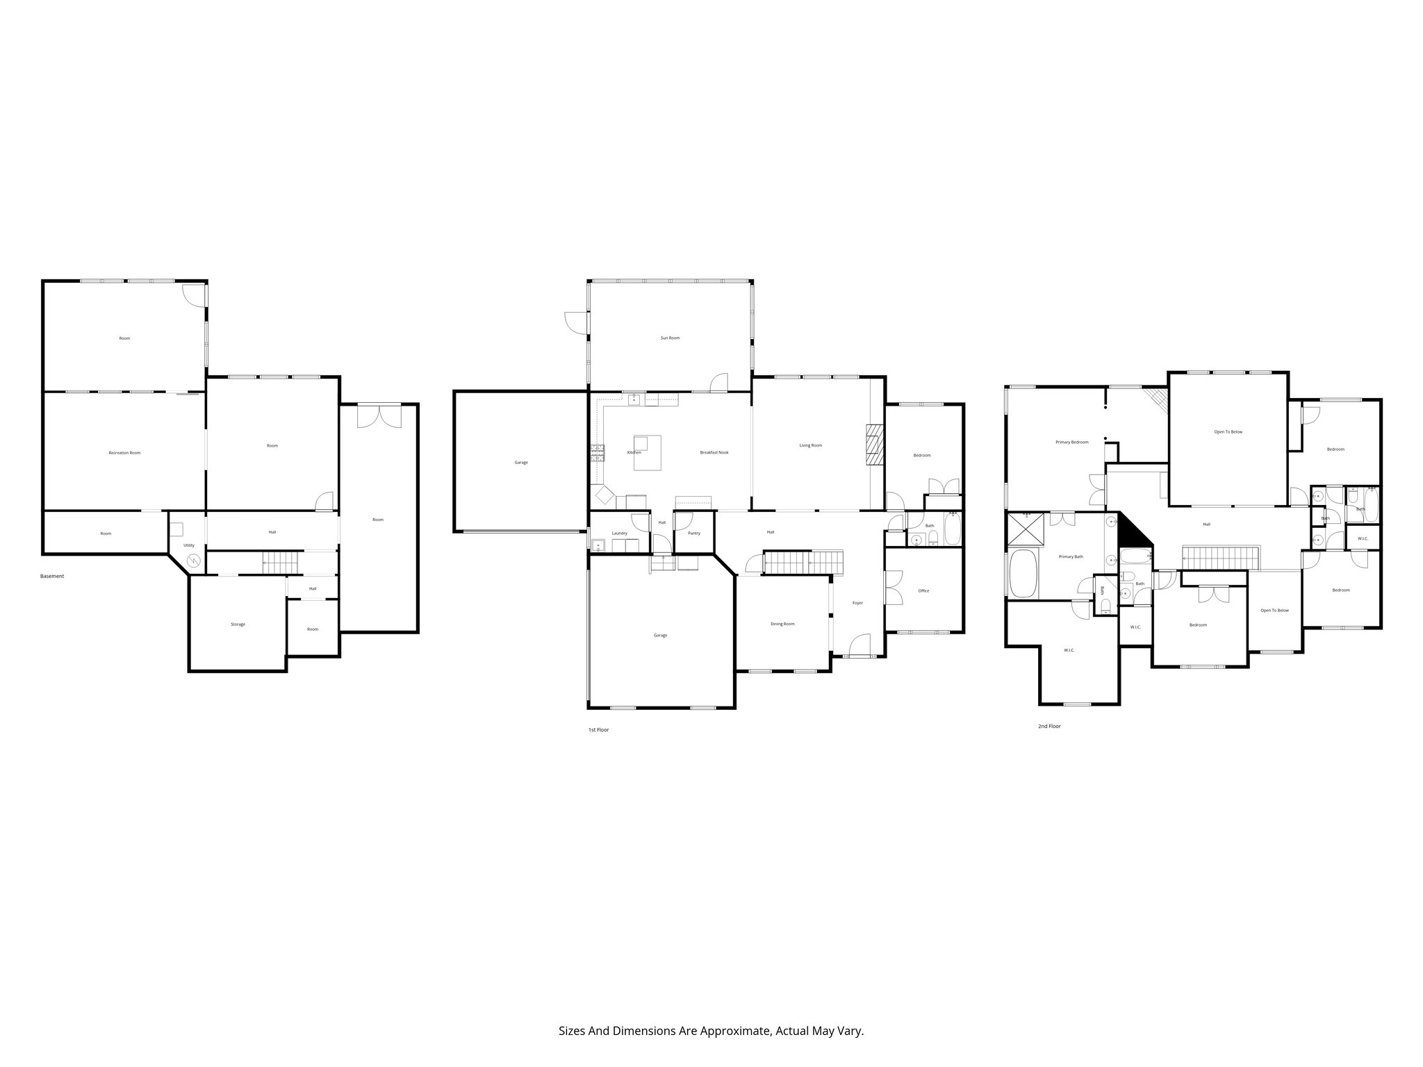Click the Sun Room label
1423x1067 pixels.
[x=670, y=338]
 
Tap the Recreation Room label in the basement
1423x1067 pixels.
[x=124, y=453]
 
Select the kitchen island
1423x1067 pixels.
[x=647, y=452]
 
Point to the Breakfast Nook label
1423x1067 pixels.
[x=714, y=453]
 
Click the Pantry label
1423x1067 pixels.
[x=693, y=533]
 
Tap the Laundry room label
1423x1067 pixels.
[x=620, y=533]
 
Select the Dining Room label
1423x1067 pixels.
[x=782, y=624]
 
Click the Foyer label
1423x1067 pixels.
[x=857, y=603]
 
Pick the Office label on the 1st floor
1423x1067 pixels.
[x=923, y=591]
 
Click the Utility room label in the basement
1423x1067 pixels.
[x=189, y=545]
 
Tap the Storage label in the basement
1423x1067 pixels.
[x=238, y=625]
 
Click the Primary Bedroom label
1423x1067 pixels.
[x=1071, y=442]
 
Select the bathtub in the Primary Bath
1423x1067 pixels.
[x=1022, y=573]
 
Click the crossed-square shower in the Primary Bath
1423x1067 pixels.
[x=1025, y=530]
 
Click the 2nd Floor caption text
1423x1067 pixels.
[x=1049, y=726]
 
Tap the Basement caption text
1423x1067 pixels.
[x=52, y=576]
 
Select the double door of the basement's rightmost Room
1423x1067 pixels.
[x=379, y=416]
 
